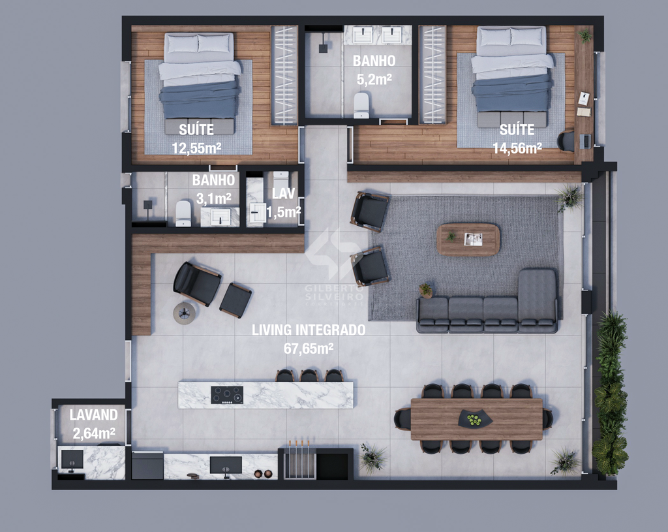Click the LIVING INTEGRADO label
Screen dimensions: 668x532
pyautogui.click(x=309, y=330)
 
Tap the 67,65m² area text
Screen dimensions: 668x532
pyautogui.click(x=309, y=349)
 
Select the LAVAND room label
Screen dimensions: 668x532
pyautogui.click(x=94, y=415)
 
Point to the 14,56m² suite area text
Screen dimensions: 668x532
pyautogui.click(x=517, y=148)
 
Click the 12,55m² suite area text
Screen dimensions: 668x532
pyautogui.click(x=196, y=148)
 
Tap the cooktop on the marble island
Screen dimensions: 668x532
pyautogui.click(x=227, y=395)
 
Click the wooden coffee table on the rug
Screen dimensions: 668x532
pyautogui.click(x=468, y=239)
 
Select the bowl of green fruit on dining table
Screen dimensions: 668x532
pyautogui.click(x=475, y=419)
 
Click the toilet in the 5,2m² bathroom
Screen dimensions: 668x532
pyautogui.click(x=361, y=105)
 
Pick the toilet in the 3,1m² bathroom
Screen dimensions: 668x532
pyautogui.click(x=183, y=213)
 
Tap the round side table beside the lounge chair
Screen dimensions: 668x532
pyautogui.click(x=184, y=313)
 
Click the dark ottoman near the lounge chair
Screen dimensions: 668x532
pyautogui.click(x=235, y=300)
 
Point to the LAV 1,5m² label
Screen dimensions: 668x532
pyautogui.click(x=283, y=202)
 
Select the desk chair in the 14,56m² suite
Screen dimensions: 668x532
pyautogui.click(x=566, y=141)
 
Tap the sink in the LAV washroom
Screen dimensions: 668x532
pyautogui.click(x=258, y=213)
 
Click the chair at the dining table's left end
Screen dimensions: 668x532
pyautogui.click(x=402, y=418)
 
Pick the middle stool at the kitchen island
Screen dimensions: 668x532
pyautogui.click(x=309, y=375)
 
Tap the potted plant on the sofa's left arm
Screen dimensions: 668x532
pyautogui.click(x=425, y=290)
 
